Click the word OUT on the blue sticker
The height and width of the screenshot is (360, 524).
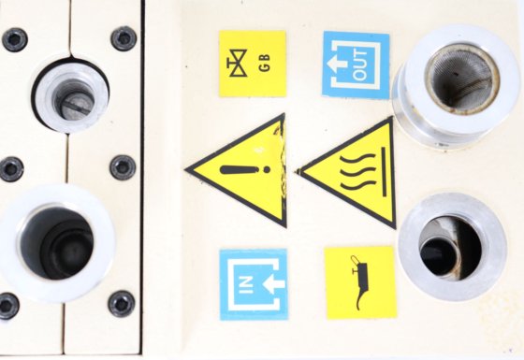[360, 65]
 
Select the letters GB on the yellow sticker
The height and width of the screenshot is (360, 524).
[264, 63]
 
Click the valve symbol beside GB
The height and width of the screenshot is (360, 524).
[238, 63]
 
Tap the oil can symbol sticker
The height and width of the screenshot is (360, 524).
[361, 282]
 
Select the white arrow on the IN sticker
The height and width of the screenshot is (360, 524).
[273, 284]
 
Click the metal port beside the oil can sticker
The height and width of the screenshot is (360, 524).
[452, 247]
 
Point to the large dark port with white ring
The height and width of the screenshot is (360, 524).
[57, 243]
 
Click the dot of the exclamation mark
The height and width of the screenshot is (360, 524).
[267, 169]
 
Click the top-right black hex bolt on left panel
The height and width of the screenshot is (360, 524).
[124, 38]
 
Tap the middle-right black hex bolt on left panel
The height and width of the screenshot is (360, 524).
[123, 167]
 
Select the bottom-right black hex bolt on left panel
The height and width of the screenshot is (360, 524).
[122, 304]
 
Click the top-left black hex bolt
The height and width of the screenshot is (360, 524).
[14, 39]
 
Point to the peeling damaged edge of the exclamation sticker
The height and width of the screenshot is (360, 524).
[280, 167]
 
